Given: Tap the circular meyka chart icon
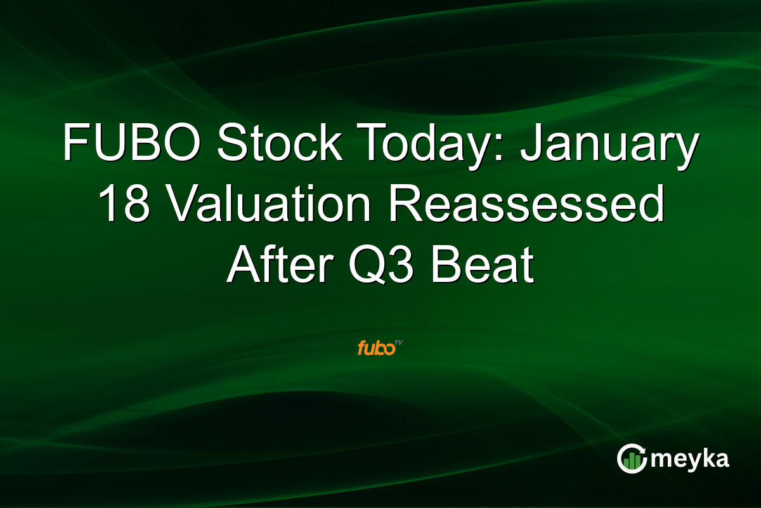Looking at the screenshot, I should click(x=632, y=458).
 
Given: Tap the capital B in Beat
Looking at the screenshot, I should click(x=448, y=267).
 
